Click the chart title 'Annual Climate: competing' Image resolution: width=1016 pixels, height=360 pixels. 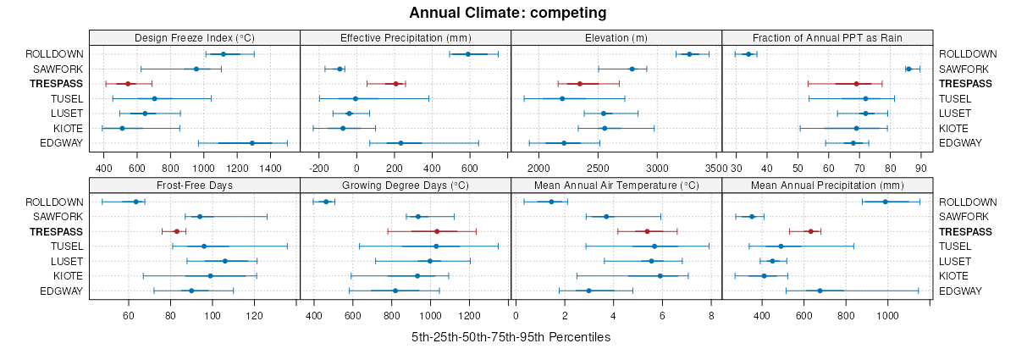click(508, 13)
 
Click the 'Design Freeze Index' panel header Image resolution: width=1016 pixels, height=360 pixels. click(195, 37)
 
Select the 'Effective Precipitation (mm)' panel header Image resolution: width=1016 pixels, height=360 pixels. click(406, 37)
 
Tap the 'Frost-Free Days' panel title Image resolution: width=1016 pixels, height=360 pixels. click(195, 186)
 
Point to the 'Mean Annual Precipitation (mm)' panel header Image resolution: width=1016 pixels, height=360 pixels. click(827, 186)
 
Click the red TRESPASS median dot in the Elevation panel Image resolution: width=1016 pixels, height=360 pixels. click(580, 84)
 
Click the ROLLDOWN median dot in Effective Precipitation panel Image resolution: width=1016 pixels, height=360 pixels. click(467, 54)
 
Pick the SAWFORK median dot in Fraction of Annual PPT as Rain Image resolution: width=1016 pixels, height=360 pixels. click(908, 69)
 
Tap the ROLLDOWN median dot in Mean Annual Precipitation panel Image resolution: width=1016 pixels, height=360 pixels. click(886, 202)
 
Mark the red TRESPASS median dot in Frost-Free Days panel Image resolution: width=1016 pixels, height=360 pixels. click(177, 231)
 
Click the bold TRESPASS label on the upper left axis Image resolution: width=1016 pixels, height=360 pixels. click(56, 84)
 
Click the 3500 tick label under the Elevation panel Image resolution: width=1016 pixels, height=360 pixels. click(714, 169)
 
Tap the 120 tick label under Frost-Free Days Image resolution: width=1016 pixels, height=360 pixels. click(254, 316)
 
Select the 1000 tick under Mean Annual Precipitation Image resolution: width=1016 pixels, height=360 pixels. click(887, 316)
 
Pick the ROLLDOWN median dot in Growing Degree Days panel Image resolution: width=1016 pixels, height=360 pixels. click(326, 202)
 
